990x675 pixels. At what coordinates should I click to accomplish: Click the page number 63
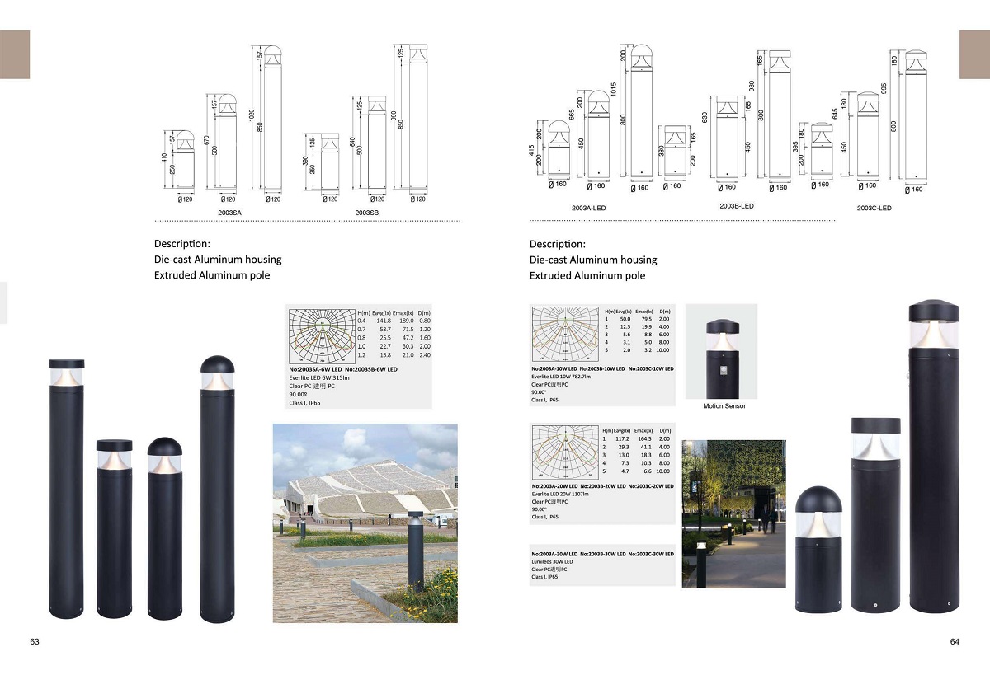tap(35, 641)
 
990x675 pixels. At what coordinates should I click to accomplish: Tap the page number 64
tap(955, 641)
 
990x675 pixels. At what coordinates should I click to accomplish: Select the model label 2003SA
tap(229, 213)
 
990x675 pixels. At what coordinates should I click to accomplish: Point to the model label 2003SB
tap(366, 213)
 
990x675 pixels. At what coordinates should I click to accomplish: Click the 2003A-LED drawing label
tap(588, 208)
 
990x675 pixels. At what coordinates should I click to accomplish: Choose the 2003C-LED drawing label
tap(874, 208)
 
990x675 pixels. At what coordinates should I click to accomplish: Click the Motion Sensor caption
tap(724, 406)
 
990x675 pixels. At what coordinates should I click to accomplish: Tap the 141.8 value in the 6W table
tap(384, 321)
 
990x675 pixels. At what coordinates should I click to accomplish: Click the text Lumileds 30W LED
tap(552, 561)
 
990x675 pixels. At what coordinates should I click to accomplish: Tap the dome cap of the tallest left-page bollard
tap(217, 363)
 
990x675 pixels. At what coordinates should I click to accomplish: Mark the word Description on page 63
tap(181, 244)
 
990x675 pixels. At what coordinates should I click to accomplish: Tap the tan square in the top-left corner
tap(15, 54)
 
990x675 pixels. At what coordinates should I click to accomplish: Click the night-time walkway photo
tap(733, 513)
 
